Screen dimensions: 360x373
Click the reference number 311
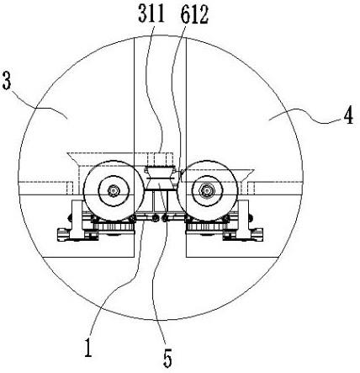(x=151, y=14)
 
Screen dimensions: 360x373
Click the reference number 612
(x=194, y=15)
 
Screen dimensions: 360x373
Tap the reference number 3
(x=6, y=80)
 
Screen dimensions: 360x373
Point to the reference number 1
(x=88, y=347)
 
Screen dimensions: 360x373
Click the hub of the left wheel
(x=114, y=191)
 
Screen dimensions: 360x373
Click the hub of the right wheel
(x=207, y=191)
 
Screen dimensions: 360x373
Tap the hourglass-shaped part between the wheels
(x=160, y=179)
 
